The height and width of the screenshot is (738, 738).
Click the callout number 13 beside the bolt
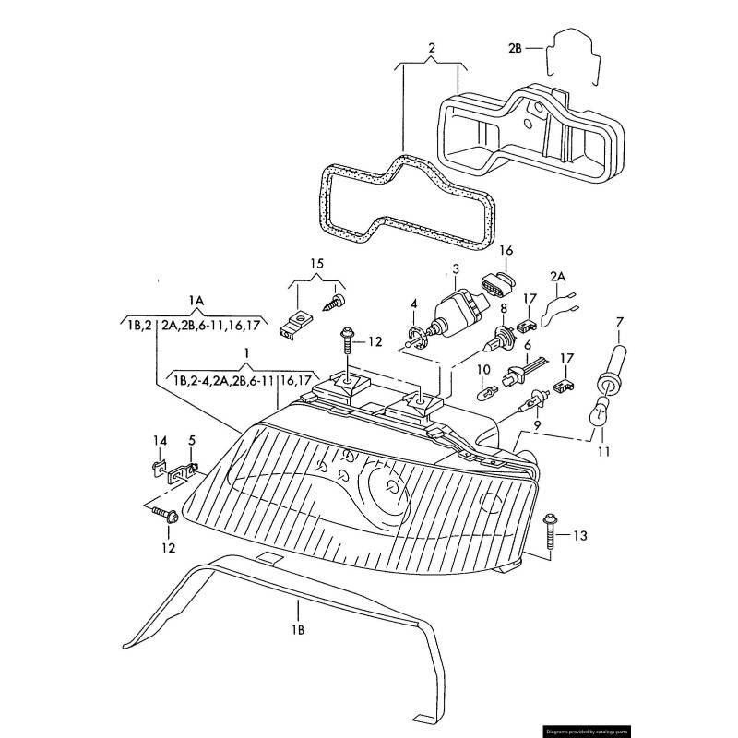pos(579,535)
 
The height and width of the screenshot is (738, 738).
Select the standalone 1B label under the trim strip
pos(298,631)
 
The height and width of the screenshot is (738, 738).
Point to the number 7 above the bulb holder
pos(619,321)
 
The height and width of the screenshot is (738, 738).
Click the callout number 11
pos(603,452)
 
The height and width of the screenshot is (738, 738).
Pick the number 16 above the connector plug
pos(506,250)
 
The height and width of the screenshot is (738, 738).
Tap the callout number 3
pos(455,268)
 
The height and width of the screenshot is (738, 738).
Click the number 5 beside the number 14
pos(192,440)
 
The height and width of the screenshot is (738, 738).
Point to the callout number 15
pos(316,265)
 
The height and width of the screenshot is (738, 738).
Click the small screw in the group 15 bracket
pos(333,301)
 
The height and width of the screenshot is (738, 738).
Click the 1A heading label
pos(196,301)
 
